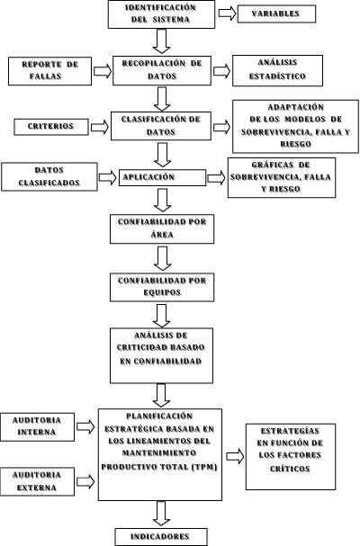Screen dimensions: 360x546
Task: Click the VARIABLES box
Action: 276,13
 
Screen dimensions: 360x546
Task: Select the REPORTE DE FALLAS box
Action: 49,71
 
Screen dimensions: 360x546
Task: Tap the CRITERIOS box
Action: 51,127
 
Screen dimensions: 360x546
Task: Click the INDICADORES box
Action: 161,537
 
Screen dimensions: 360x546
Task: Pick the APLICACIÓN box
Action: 162,177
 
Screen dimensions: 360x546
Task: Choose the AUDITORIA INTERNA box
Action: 37,427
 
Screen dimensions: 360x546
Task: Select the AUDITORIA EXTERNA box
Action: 37,481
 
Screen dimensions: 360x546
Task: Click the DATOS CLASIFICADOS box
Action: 49,176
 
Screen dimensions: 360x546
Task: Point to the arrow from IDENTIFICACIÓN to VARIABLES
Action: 227,13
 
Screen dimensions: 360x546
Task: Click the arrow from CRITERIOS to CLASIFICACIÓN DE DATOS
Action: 100,127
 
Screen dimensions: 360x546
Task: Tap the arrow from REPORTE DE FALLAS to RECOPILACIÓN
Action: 103,71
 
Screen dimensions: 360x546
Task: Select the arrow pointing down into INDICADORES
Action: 161,514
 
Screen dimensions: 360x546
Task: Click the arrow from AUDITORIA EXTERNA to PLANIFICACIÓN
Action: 85,482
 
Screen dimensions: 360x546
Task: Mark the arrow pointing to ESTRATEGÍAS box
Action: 235,456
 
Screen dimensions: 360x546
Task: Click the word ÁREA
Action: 162,235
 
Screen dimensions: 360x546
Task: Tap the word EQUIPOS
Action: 162,292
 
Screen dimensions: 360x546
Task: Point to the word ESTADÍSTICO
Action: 277,76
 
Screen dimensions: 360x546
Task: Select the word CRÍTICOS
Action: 290,469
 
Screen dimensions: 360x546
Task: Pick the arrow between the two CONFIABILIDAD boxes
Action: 162,258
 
